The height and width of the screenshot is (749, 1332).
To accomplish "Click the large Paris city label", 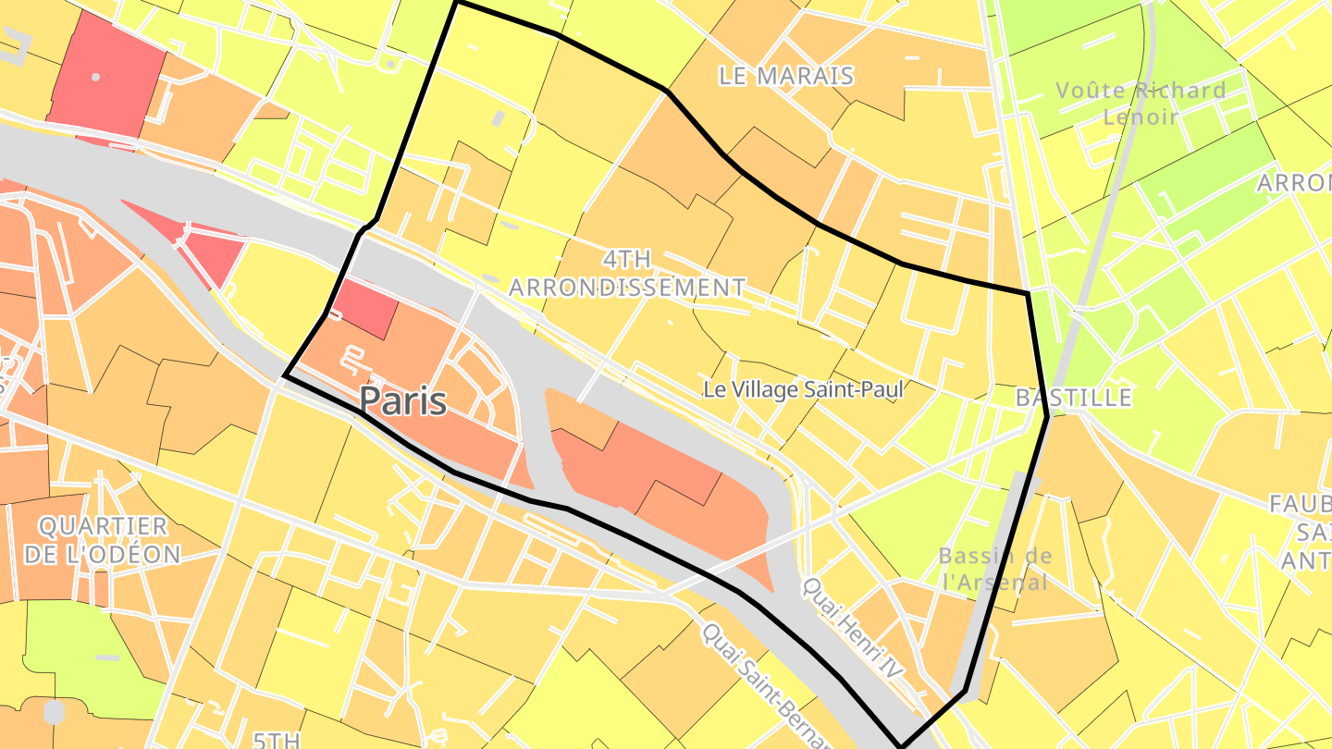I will pyautogui.click(x=403, y=401).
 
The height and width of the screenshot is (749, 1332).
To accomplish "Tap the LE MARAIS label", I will pyautogui.click(x=785, y=77).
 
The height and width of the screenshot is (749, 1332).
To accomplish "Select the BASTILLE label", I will pyautogui.click(x=1073, y=398).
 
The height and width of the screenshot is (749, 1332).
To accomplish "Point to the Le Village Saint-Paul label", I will pyautogui.click(x=803, y=389).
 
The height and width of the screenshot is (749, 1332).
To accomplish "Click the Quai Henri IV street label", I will pyautogui.click(x=851, y=639).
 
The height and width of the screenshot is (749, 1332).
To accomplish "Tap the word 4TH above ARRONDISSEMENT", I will pyautogui.click(x=626, y=258).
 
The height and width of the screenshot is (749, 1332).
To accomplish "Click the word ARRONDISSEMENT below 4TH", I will pyautogui.click(x=626, y=288).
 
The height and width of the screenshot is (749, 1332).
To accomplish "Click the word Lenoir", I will pyautogui.click(x=1141, y=117).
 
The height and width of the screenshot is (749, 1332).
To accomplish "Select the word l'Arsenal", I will pyautogui.click(x=995, y=582).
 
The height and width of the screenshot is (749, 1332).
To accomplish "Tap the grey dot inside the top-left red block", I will pyautogui.click(x=95, y=77).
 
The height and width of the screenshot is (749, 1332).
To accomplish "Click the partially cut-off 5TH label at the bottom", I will pyautogui.click(x=277, y=740).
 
